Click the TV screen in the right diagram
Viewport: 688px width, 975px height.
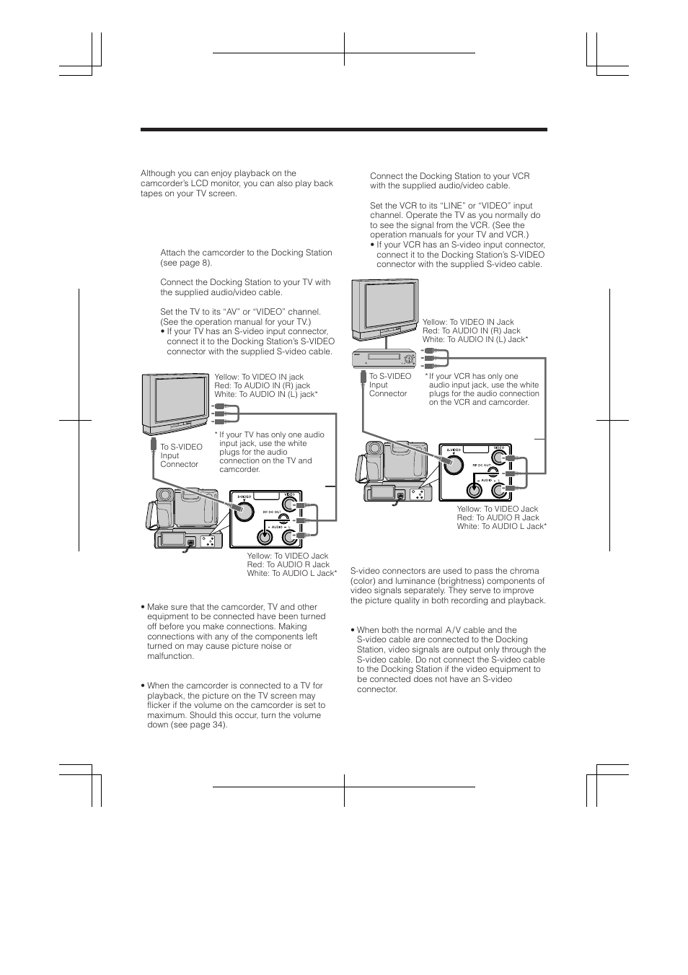coord(384,307)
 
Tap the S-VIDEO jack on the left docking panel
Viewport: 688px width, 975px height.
coord(243,511)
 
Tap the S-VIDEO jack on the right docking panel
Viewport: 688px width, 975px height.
coord(453,463)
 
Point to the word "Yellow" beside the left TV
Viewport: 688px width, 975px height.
coord(226,377)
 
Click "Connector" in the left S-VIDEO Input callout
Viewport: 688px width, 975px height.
coord(179,464)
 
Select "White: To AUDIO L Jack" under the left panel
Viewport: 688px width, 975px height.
coord(291,573)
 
